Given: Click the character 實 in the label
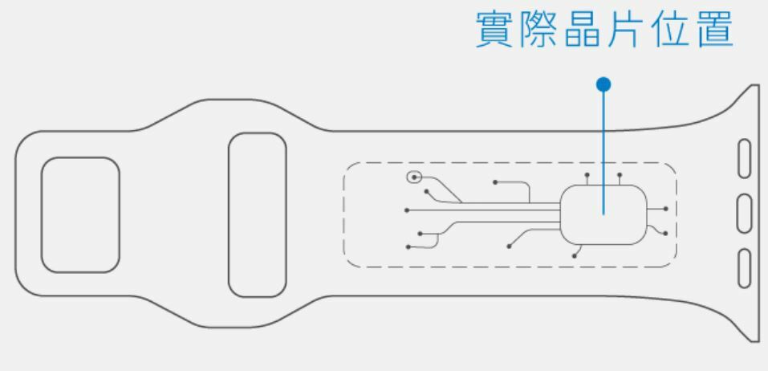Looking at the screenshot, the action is (496, 30).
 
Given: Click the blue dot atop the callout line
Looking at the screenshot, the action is (604, 84).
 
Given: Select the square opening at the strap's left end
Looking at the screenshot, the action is (80, 214).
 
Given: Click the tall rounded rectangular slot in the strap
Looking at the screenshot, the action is (257, 214).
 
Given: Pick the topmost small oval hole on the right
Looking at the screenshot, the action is (744, 158).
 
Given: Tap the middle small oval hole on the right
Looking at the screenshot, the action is (744, 212).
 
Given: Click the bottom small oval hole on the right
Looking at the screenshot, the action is (744, 267).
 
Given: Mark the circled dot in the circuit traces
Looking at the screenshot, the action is (414, 177).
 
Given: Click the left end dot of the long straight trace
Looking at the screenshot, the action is (408, 210).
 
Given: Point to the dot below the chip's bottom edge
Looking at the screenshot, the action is (574, 256).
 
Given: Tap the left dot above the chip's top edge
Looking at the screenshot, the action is (587, 174).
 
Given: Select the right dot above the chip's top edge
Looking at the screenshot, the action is (620, 174).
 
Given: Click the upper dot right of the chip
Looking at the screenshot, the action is (665, 209).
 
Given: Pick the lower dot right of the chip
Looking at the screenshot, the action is (665, 234).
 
